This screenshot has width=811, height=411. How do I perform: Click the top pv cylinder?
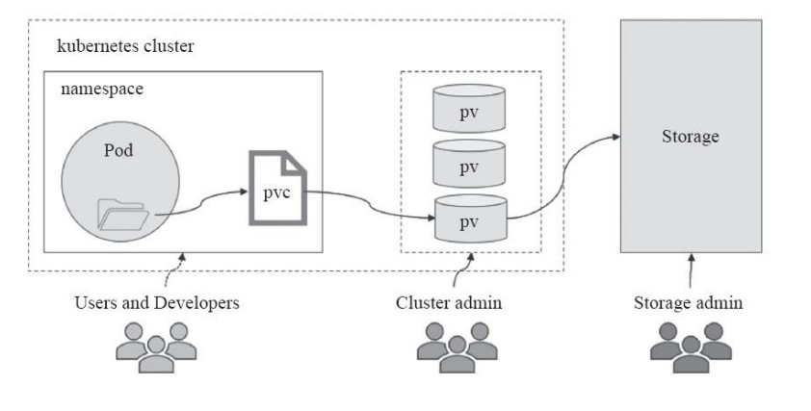tap(469, 112)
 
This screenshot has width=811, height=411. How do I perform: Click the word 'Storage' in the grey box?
tap(691, 137)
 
